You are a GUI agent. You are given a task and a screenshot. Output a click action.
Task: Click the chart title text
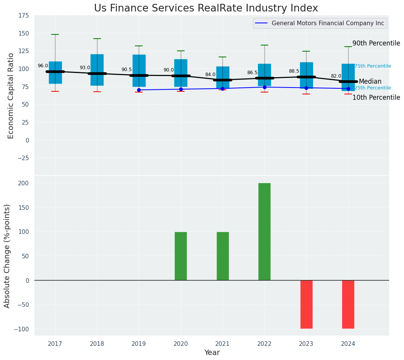pos(206,8)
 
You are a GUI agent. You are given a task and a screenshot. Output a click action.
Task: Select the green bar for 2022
pos(264,232)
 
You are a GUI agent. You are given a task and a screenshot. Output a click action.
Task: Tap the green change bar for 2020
pos(181,256)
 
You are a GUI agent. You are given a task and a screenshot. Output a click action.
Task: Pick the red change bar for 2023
pos(306,304)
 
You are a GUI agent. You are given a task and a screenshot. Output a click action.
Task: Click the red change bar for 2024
pos(348,304)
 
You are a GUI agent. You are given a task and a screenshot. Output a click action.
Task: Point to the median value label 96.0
pos(43,66)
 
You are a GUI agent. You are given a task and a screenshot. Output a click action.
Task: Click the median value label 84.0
pos(210,75)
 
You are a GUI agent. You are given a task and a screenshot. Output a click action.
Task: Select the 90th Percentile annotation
pos(376,44)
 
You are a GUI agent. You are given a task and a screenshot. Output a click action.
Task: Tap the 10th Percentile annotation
pos(376,98)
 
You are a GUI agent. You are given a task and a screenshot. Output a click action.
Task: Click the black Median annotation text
pos(370,82)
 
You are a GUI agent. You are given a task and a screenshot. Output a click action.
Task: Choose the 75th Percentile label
pos(373,66)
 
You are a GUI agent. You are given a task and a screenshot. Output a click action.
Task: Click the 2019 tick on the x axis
pos(139,344)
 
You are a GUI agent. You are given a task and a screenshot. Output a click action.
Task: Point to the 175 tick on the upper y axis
pos(23,15)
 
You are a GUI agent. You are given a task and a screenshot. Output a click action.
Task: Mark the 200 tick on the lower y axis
pos(24,183)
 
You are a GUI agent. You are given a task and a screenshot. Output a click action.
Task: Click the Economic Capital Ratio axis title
pos(11,96)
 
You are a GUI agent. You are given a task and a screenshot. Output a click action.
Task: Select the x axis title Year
pos(212,353)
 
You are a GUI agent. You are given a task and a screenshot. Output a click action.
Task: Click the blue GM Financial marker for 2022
pos(264,87)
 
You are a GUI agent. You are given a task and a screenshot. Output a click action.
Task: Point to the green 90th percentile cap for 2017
pos(55,34)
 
